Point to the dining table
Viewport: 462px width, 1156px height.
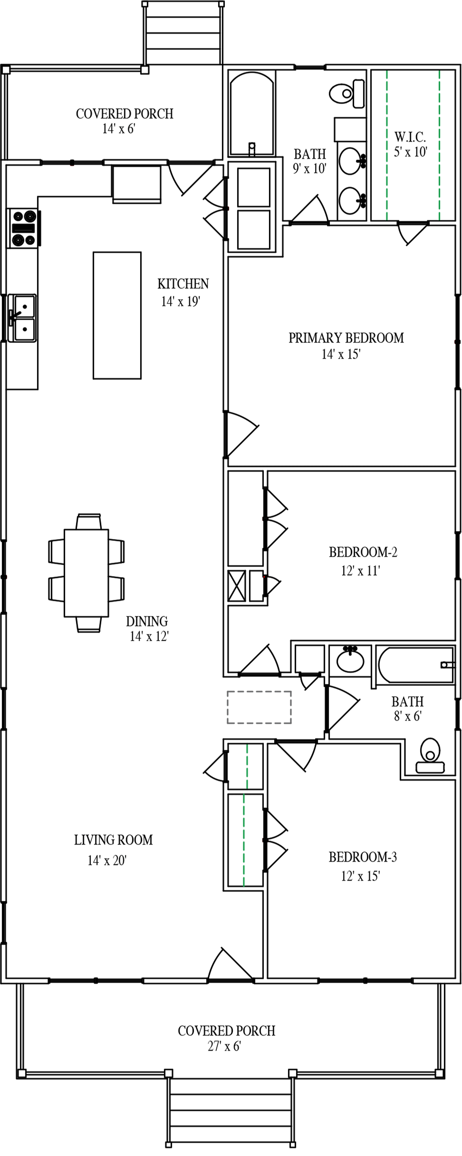coord(86,573)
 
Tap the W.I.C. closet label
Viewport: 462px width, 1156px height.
coord(410,137)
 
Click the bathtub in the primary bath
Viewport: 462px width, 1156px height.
coord(252,112)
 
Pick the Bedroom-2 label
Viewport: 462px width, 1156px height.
coord(363,552)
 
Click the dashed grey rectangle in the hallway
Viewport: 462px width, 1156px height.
coord(259,707)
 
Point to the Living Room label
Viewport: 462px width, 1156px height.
coord(113,840)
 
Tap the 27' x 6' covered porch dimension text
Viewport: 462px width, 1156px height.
coord(224,1046)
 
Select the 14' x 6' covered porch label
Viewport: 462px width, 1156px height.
coord(124,114)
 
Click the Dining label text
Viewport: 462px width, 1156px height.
coord(146,621)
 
